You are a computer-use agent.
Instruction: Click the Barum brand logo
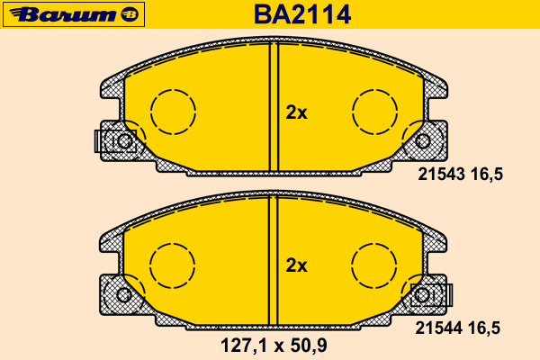point(74,14)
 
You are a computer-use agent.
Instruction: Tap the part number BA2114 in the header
point(302,14)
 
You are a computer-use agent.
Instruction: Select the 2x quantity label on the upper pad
point(296,112)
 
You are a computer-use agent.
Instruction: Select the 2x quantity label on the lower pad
point(296,265)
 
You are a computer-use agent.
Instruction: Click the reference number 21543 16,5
point(460,175)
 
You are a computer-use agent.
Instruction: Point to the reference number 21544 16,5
point(458,328)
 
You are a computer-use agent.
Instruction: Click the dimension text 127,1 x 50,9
point(274,346)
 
